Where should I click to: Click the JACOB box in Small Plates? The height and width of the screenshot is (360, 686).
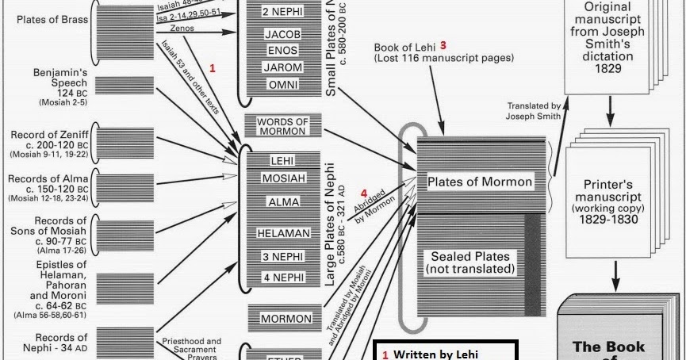click(283, 35)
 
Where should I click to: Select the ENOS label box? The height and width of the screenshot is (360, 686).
click(283, 52)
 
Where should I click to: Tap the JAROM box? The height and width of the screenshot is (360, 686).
click(283, 68)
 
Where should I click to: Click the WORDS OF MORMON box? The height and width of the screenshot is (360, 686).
click(283, 125)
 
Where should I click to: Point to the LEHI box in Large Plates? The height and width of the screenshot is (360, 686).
click(282, 160)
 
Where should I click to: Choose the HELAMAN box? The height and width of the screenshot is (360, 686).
click(283, 233)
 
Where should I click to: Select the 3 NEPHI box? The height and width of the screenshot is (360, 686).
click(283, 257)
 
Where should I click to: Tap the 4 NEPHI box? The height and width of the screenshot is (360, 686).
click(283, 278)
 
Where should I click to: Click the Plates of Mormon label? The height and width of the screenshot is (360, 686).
click(480, 182)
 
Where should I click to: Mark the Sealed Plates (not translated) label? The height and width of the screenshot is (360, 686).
click(471, 262)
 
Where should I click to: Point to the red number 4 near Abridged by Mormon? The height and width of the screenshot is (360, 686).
click(364, 193)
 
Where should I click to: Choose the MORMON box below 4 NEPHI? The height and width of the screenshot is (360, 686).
click(286, 319)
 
